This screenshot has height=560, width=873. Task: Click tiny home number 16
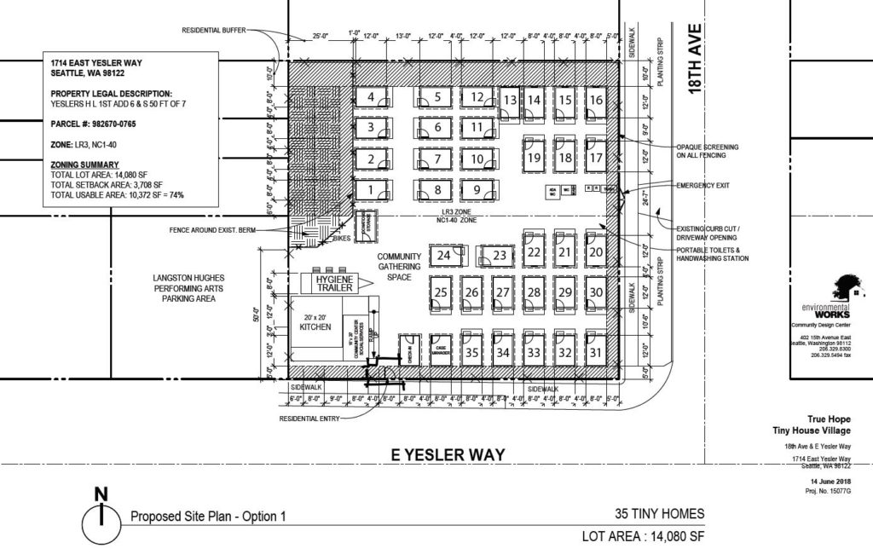pos(596,101)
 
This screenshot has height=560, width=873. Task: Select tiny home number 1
pos(371,189)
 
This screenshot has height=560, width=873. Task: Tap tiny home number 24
pos(444,255)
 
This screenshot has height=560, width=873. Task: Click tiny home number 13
pos(510,101)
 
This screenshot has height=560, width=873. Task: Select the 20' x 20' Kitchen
pos(315,328)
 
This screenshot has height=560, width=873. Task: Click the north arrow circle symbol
pos(101,517)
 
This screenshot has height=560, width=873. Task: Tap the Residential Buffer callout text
pos(213,31)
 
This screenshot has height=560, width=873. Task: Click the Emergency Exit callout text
pos(702,185)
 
